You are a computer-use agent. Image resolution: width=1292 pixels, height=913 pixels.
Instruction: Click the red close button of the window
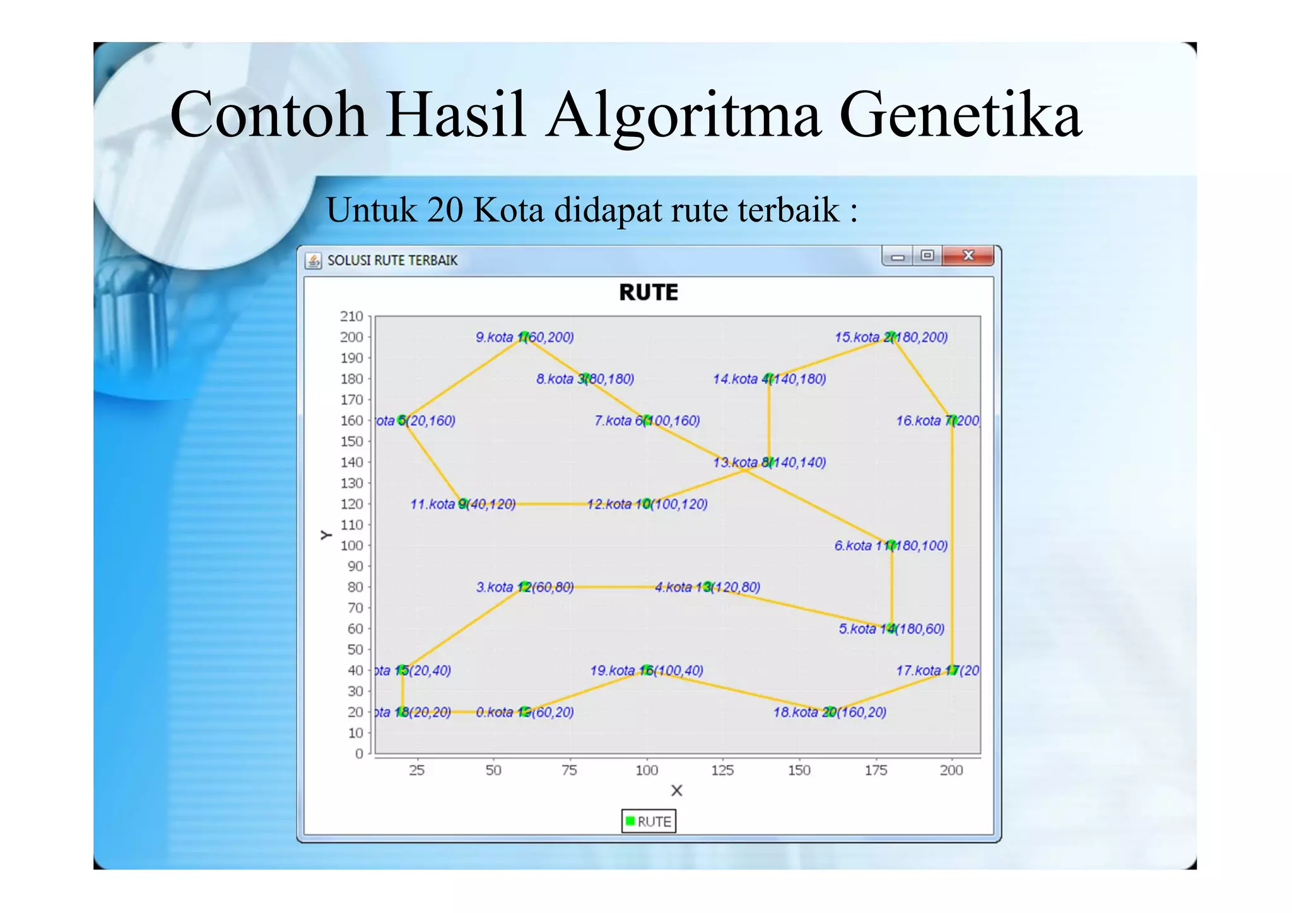click(968, 256)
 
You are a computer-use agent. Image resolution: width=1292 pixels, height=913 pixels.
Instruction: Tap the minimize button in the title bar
click(898, 256)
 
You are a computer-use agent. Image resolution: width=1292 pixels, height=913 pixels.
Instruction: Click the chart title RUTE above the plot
click(649, 293)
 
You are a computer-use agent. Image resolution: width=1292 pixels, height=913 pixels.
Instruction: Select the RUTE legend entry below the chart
click(649, 822)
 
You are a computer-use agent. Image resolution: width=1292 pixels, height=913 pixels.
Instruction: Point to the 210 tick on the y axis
click(351, 316)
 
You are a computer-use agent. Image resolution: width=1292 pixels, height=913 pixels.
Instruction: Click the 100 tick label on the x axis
click(647, 770)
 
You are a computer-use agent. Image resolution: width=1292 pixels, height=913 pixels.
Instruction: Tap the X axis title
click(676, 791)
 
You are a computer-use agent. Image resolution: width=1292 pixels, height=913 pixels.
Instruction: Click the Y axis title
click(326, 535)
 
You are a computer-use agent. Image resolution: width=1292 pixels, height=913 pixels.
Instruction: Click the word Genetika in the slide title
click(960, 115)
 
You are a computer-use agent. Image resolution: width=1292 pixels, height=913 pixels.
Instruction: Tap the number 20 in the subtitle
click(445, 210)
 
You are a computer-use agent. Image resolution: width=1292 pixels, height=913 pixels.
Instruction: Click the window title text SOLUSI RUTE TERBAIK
click(392, 261)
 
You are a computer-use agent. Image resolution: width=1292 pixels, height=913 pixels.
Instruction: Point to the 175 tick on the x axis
click(876, 770)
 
